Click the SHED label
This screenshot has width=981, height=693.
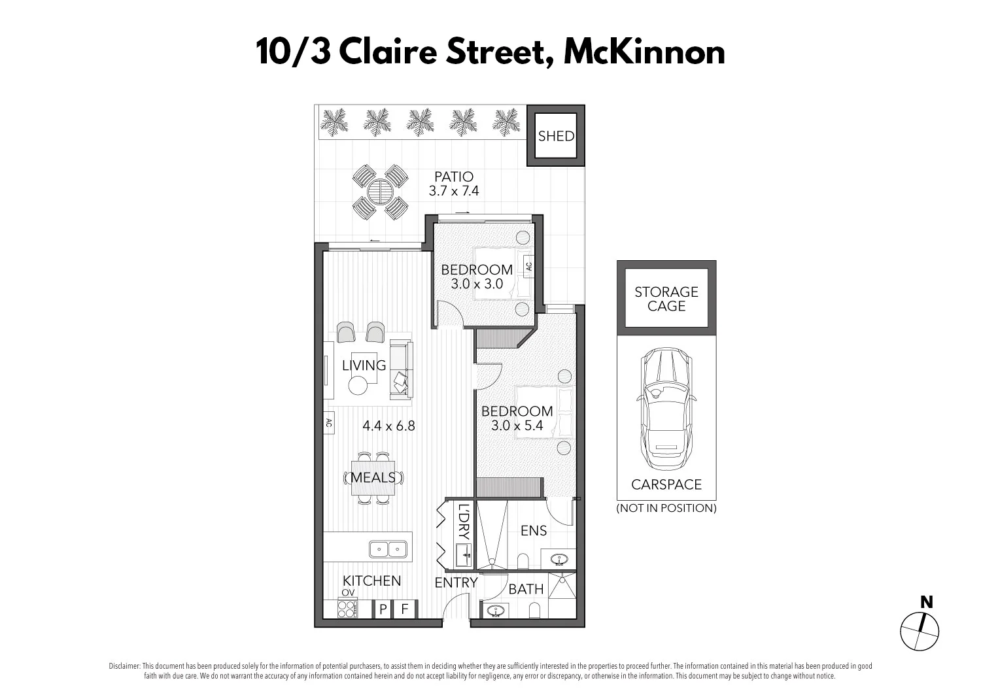(556, 136)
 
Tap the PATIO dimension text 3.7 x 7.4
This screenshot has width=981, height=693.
(454, 191)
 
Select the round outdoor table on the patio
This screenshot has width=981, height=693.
(380, 192)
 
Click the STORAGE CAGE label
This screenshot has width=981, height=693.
(666, 299)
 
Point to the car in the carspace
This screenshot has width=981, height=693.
(666, 409)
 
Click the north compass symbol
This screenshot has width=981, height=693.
(920, 632)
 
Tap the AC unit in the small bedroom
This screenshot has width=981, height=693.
(528, 267)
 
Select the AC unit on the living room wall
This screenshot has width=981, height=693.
(328, 423)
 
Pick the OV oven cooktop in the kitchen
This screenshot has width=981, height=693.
(347, 609)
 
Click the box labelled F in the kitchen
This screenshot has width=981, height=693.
(405, 609)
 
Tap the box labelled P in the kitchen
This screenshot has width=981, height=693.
(383, 609)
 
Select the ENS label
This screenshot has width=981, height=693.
(534, 531)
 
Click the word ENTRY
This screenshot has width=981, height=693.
(456, 582)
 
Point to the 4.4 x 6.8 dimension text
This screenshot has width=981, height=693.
(388, 426)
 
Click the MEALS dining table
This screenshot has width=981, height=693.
(373, 478)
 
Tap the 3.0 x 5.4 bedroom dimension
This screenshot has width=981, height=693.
(517, 426)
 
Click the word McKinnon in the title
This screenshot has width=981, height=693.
(644, 52)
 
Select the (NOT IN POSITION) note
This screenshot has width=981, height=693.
(666, 508)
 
